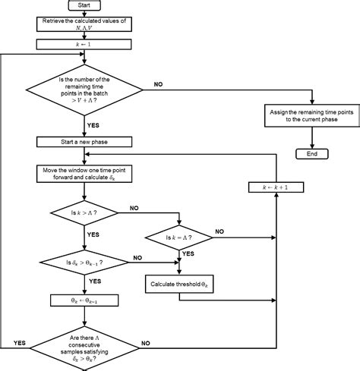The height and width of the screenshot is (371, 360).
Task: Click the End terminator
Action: pos(311,153)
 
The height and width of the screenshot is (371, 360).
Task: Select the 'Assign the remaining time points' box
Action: pos(311,115)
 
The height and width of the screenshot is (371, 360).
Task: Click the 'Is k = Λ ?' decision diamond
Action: pos(179,237)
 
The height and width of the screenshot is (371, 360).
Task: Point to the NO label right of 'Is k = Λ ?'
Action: pos(219,231)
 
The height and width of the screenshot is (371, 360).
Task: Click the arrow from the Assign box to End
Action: pos(311,137)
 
